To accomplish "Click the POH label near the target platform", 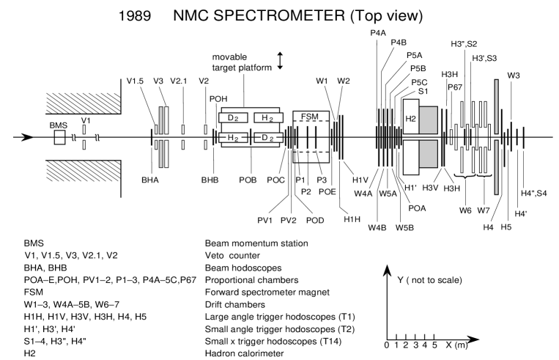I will point(218,99).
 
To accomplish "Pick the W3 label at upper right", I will point(513,76).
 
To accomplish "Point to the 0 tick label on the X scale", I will point(386,344).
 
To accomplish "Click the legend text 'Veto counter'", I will point(234,253).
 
